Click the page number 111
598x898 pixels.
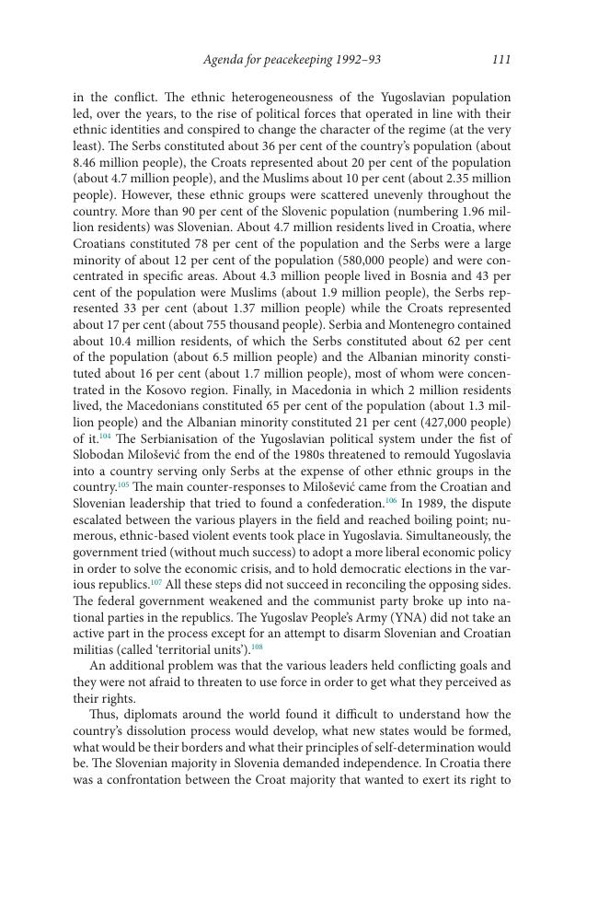tap(501, 61)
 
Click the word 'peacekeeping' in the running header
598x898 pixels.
tap(294, 61)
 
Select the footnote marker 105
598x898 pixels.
tap(123, 484)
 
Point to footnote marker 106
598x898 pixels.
tap(390, 501)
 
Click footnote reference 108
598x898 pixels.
tap(257, 647)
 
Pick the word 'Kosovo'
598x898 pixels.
tap(170, 389)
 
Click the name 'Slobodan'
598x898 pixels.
tap(100, 453)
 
